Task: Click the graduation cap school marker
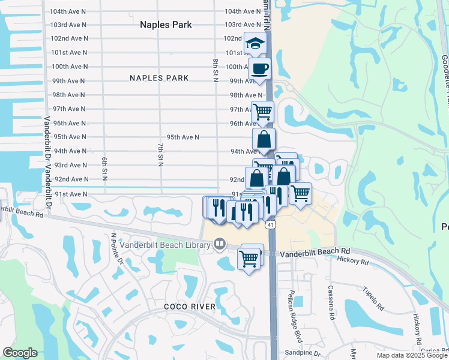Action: click(255, 44)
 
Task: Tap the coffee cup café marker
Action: click(259, 69)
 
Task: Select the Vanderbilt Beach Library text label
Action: click(165, 244)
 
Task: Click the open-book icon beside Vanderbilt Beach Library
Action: click(219, 244)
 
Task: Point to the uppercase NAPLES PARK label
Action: click(159, 78)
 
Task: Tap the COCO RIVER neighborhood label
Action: click(190, 307)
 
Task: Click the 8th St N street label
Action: click(215, 71)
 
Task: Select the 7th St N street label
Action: click(160, 155)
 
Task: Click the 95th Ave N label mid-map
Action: click(183, 137)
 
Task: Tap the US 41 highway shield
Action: click(271, 224)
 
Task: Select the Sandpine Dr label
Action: click(303, 353)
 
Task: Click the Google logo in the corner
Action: click(20, 353)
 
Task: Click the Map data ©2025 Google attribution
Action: click(412, 355)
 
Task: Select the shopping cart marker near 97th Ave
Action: click(262, 112)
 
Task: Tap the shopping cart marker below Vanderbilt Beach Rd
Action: click(249, 259)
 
